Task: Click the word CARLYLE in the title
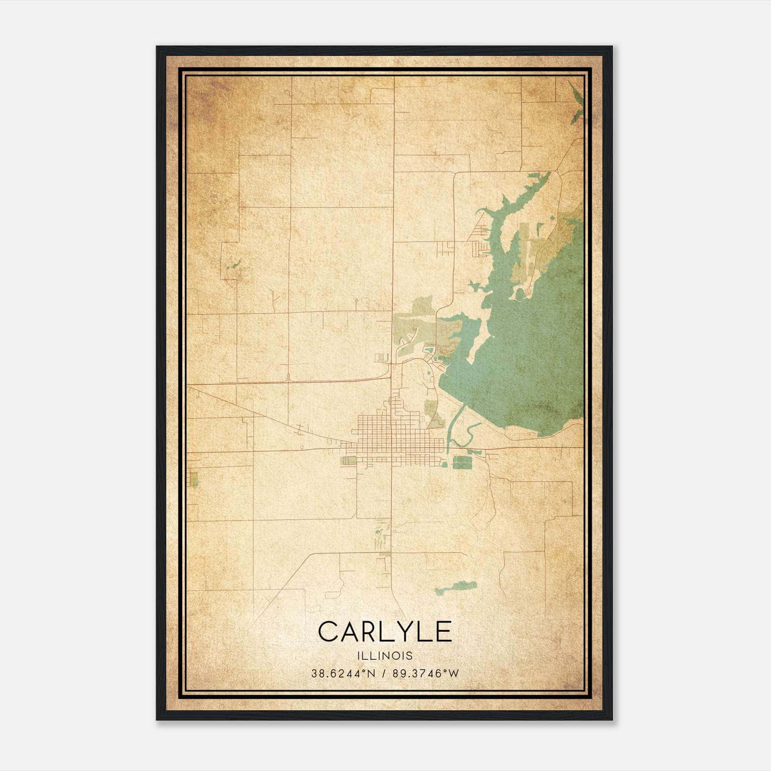385,632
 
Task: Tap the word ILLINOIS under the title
385,656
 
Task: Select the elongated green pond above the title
455,588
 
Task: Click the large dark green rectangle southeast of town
462,463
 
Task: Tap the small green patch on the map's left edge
194,479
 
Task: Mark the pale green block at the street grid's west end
348,461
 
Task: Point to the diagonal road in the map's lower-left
279,588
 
